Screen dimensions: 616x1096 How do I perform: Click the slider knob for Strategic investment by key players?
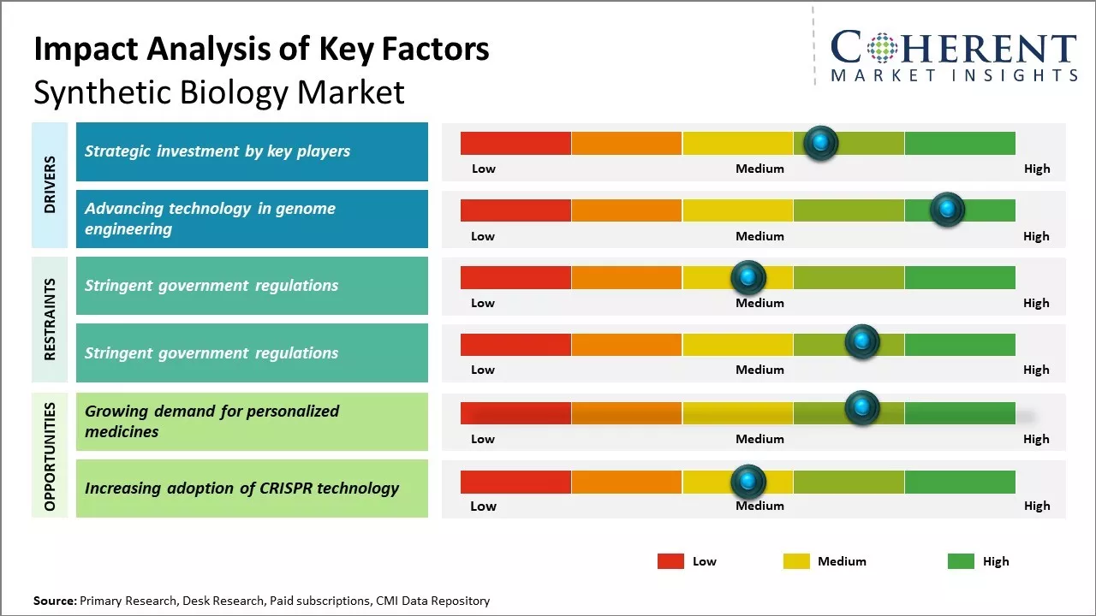pyautogui.click(x=821, y=143)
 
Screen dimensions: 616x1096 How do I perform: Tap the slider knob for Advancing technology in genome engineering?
pyautogui.click(x=947, y=210)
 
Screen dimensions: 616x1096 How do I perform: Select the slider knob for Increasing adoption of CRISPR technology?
pyautogui.click(x=748, y=483)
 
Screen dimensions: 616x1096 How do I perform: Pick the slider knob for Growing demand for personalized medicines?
pyautogui.click(x=862, y=408)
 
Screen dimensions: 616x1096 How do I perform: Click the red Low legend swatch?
pyautogui.click(x=670, y=561)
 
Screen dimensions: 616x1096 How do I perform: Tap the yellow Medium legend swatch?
pyautogui.click(x=796, y=561)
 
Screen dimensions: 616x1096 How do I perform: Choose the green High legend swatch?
pyautogui.click(x=961, y=561)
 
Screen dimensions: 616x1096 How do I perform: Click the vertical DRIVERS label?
pyautogui.click(x=50, y=185)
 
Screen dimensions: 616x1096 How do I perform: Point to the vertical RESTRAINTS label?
pyautogui.click(x=50, y=318)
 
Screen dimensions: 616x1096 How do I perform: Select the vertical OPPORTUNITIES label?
pyautogui.click(x=50, y=456)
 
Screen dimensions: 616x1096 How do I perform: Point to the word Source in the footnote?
pyautogui.click(x=54, y=601)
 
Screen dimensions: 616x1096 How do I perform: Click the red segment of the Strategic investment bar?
pyautogui.click(x=515, y=143)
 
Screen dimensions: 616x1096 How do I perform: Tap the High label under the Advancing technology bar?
pyautogui.click(x=1036, y=236)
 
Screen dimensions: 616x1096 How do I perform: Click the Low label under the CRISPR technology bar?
pyautogui.click(x=483, y=506)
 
